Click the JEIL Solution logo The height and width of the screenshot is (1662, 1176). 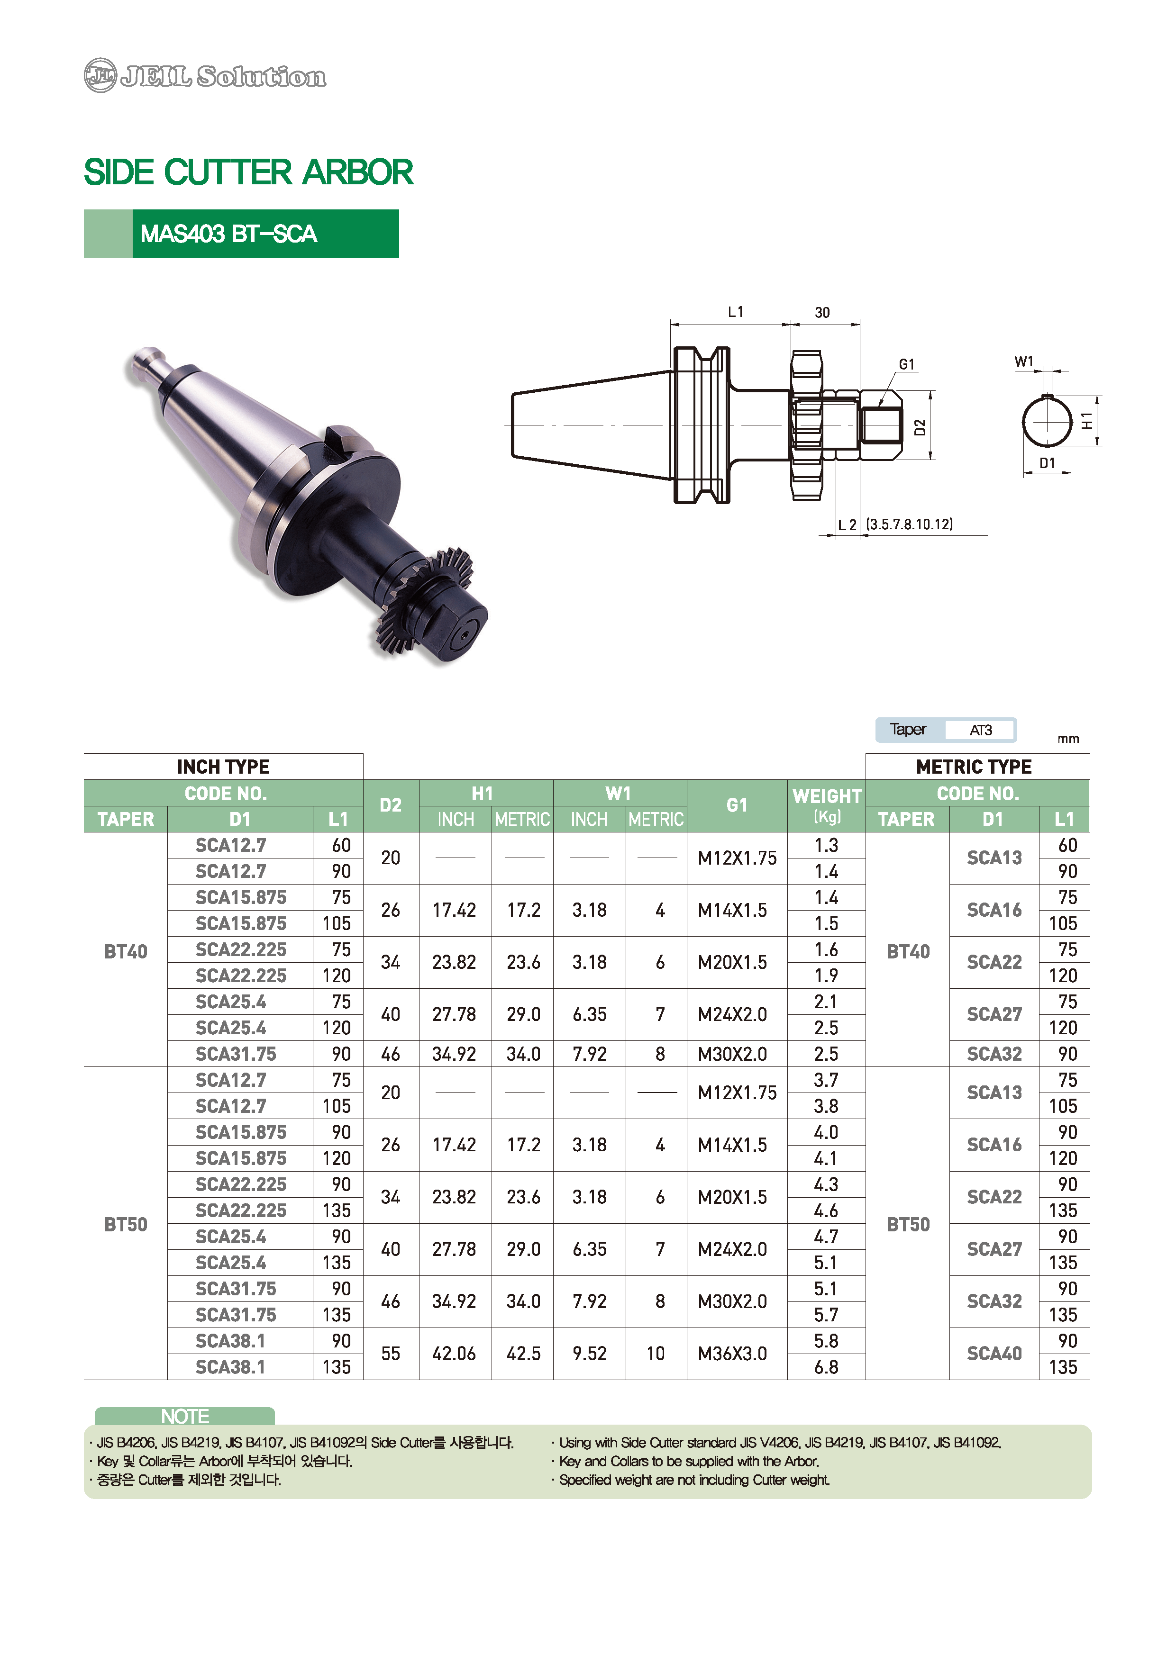(x=205, y=75)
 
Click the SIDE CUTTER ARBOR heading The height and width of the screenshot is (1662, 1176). (x=248, y=172)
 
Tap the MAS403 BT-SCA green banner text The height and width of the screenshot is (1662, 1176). (x=229, y=234)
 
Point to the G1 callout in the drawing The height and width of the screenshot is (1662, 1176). (x=907, y=364)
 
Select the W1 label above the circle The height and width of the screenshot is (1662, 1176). (x=1024, y=361)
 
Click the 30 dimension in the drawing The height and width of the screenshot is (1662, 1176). (x=822, y=313)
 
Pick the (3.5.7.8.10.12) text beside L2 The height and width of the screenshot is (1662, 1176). (x=910, y=524)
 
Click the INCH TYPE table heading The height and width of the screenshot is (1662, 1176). (x=223, y=767)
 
